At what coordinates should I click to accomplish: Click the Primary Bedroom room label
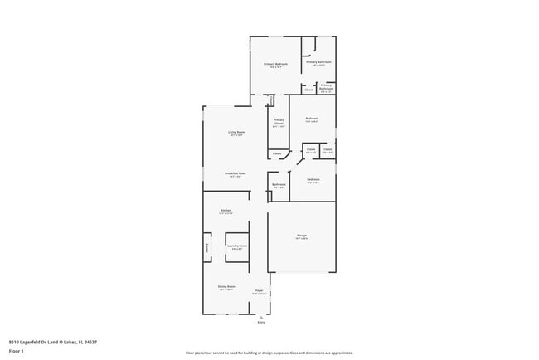[276, 64]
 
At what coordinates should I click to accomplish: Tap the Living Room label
[236, 132]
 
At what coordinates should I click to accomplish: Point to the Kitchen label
[226, 211]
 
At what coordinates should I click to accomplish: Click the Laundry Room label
[237, 246]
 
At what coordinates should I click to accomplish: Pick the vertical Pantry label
[207, 246]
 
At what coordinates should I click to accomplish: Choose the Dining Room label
[226, 286]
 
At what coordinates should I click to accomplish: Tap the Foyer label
[259, 290]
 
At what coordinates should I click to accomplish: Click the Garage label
[302, 236]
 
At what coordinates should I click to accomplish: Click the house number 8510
[14, 341]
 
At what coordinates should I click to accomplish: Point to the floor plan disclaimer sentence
[269, 353]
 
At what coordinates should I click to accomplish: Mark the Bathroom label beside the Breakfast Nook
[279, 184]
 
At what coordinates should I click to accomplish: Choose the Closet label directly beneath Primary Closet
[277, 153]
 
